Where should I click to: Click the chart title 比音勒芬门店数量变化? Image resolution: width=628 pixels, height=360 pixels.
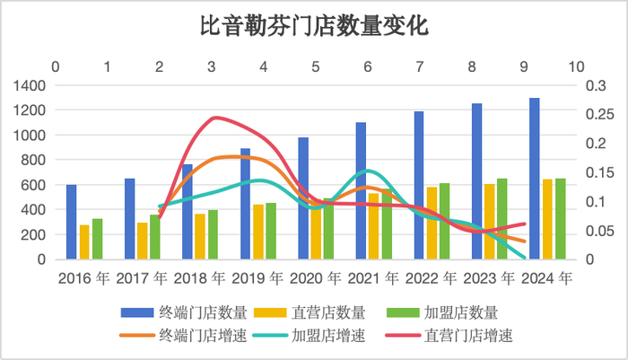(313, 26)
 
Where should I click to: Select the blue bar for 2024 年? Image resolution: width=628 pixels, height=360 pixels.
(535, 179)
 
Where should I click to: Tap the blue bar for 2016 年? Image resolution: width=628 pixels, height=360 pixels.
(72, 222)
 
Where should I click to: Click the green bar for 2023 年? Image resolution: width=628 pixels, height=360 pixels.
(502, 219)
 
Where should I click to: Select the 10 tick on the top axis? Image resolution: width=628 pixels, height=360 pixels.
(576, 67)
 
